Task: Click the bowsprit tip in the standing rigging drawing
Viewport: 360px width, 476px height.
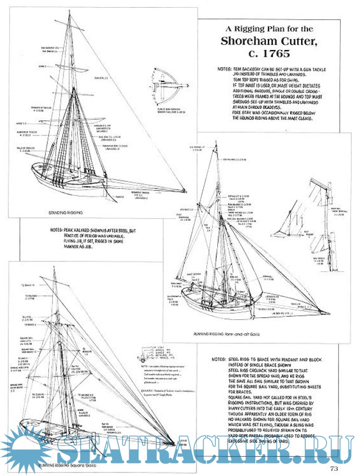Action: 188,190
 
